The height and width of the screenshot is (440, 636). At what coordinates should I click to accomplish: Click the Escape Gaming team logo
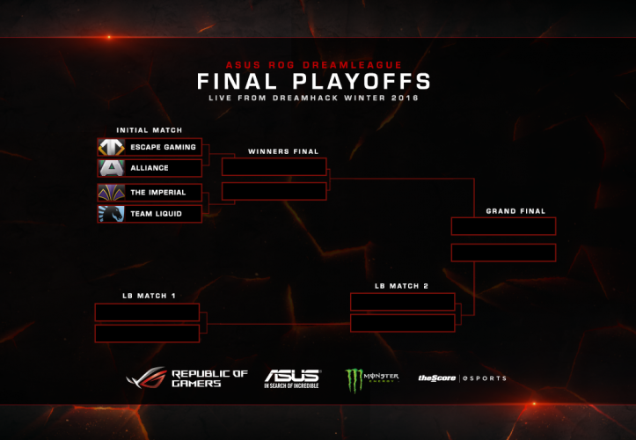112,147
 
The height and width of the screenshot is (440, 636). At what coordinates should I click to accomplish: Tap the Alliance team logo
112,168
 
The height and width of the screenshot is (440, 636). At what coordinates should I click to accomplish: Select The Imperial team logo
112,193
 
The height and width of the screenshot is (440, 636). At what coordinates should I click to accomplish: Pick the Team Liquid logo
112,214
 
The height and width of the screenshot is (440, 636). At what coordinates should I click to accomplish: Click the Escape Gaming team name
163,147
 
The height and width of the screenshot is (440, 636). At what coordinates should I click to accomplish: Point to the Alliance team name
149,168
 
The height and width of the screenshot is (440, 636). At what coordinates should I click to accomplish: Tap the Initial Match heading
149,130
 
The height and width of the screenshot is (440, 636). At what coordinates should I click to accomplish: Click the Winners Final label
283,151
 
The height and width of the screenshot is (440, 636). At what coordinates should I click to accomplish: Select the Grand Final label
515,211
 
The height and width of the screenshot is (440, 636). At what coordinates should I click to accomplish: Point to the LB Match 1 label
149,296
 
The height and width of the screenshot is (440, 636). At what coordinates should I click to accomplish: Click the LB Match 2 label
401,286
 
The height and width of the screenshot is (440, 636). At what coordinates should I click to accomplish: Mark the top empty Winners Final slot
274,167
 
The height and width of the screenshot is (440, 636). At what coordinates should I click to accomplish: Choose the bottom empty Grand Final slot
503,253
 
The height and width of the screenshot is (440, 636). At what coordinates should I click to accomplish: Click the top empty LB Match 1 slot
147,312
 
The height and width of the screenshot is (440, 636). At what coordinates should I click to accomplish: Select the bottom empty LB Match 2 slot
402,323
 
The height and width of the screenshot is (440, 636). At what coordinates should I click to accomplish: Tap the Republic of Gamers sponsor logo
187,378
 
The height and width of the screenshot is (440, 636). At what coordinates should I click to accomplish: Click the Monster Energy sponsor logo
371,379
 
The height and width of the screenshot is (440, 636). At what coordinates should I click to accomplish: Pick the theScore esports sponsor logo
462,378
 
